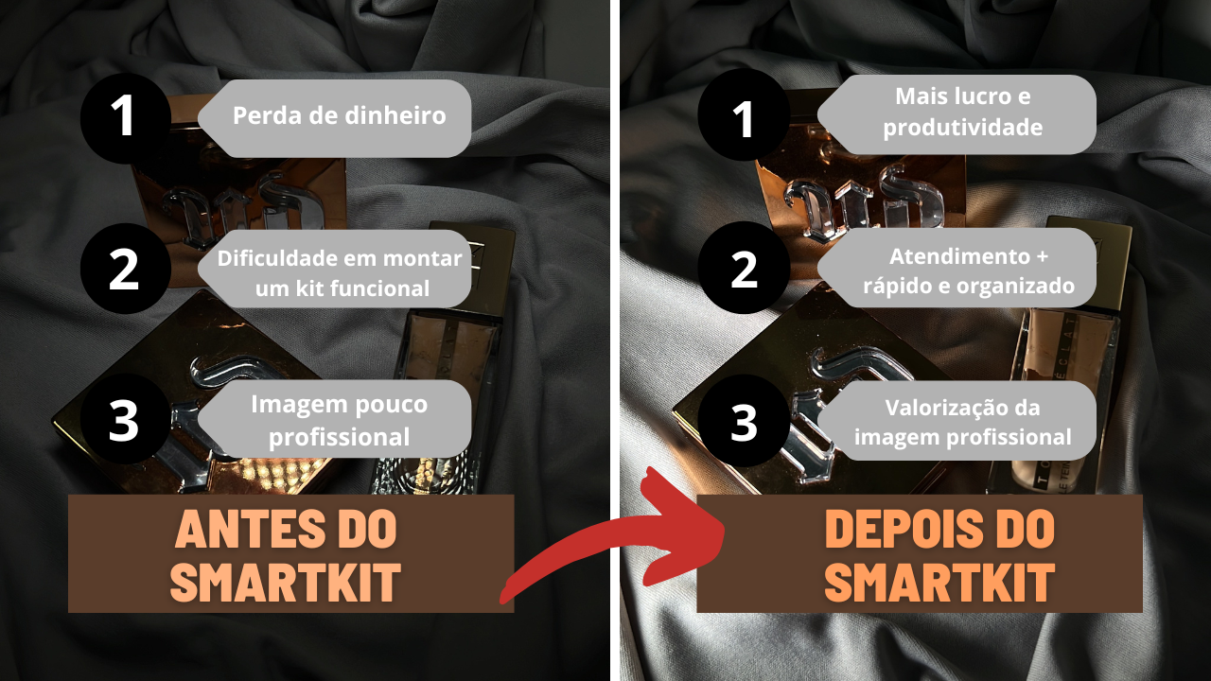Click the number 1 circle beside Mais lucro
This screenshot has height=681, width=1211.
tap(744, 114)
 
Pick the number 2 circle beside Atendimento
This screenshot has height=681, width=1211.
tap(744, 267)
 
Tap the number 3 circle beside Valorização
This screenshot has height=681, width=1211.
tap(744, 420)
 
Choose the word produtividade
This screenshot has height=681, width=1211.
tap(963, 128)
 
